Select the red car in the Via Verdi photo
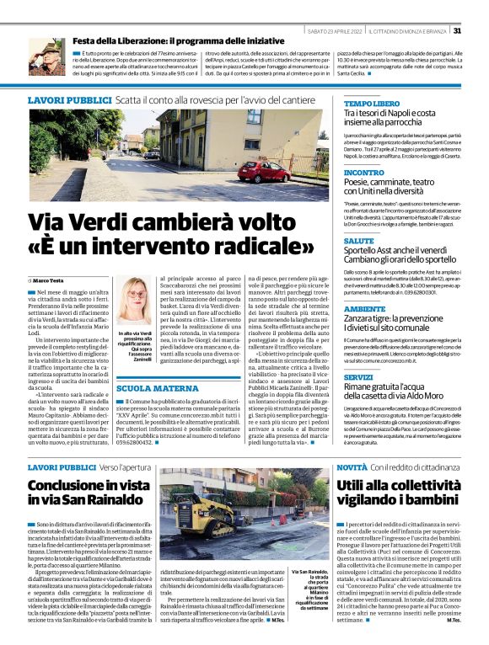coord(265,171)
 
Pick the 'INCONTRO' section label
coord(364,172)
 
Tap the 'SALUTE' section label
coord(359,240)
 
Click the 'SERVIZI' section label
coord(358,377)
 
